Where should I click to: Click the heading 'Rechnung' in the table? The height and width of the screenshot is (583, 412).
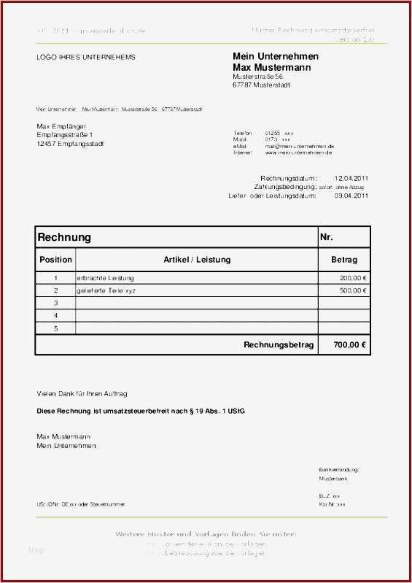click(x=64, y=237)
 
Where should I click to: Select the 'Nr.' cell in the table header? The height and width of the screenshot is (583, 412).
click(x=326, y=237)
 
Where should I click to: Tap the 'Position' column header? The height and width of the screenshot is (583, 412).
click(x=55, y=260)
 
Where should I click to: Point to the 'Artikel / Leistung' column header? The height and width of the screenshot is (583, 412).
click(x=197, y=260)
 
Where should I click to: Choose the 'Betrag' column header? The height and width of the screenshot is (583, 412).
click(x=343, y=260)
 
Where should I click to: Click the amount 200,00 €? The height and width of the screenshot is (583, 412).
click(x=353, y=278)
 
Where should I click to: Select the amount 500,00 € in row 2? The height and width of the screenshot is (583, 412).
click(x=353, y=290)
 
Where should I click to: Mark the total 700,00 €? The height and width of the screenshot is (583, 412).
click(x=349, y=345)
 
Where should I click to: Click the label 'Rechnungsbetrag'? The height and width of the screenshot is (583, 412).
click(x=279, y=345)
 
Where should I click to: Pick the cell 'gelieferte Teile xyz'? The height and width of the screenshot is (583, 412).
click(x=106, y=290)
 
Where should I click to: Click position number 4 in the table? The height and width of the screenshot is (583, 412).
click(x=55, y=315)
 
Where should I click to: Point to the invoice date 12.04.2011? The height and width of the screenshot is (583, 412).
click(x=351, y=178)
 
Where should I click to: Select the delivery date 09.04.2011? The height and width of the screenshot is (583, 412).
click(x=351, y=196)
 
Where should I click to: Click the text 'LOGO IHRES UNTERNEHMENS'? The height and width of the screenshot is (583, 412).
click(x=86, y=57)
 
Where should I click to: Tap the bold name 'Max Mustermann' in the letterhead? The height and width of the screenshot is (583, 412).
click(x=271, y=67)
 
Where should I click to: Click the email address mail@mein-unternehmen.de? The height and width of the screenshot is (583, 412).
click(x=299, y=147)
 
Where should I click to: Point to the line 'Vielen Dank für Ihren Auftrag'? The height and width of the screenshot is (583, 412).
click(x=82, y=393)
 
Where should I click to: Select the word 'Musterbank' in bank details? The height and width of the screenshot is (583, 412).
click(x=333, y=479)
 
